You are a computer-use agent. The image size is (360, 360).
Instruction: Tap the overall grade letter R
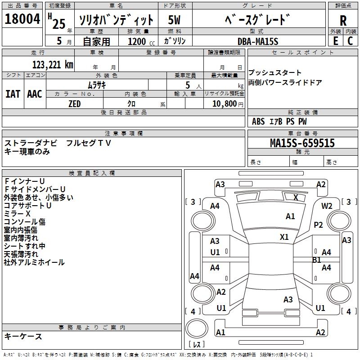(343, 21)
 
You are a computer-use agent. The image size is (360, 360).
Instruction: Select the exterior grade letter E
(335, 40)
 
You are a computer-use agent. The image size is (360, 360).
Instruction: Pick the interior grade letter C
(351, 40)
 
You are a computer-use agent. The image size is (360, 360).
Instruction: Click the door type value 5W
(175, 20)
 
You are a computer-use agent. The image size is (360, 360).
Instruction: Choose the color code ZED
(74, 104)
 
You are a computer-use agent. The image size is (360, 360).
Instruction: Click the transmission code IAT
(13, 94)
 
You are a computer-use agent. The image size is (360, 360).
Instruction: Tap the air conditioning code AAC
(34, 94)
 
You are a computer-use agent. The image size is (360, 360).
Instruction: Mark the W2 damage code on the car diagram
(327, 206)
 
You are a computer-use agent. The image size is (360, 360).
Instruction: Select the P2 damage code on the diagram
(319, 225)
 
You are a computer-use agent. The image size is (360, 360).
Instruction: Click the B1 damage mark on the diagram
(317, 260)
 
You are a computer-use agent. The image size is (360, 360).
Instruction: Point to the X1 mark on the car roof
(284, 237)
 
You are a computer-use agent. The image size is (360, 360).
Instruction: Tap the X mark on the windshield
(296, 197)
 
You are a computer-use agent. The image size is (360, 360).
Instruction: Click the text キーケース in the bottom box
(23, 336)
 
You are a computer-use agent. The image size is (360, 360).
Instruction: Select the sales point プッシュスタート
(275, 73)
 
